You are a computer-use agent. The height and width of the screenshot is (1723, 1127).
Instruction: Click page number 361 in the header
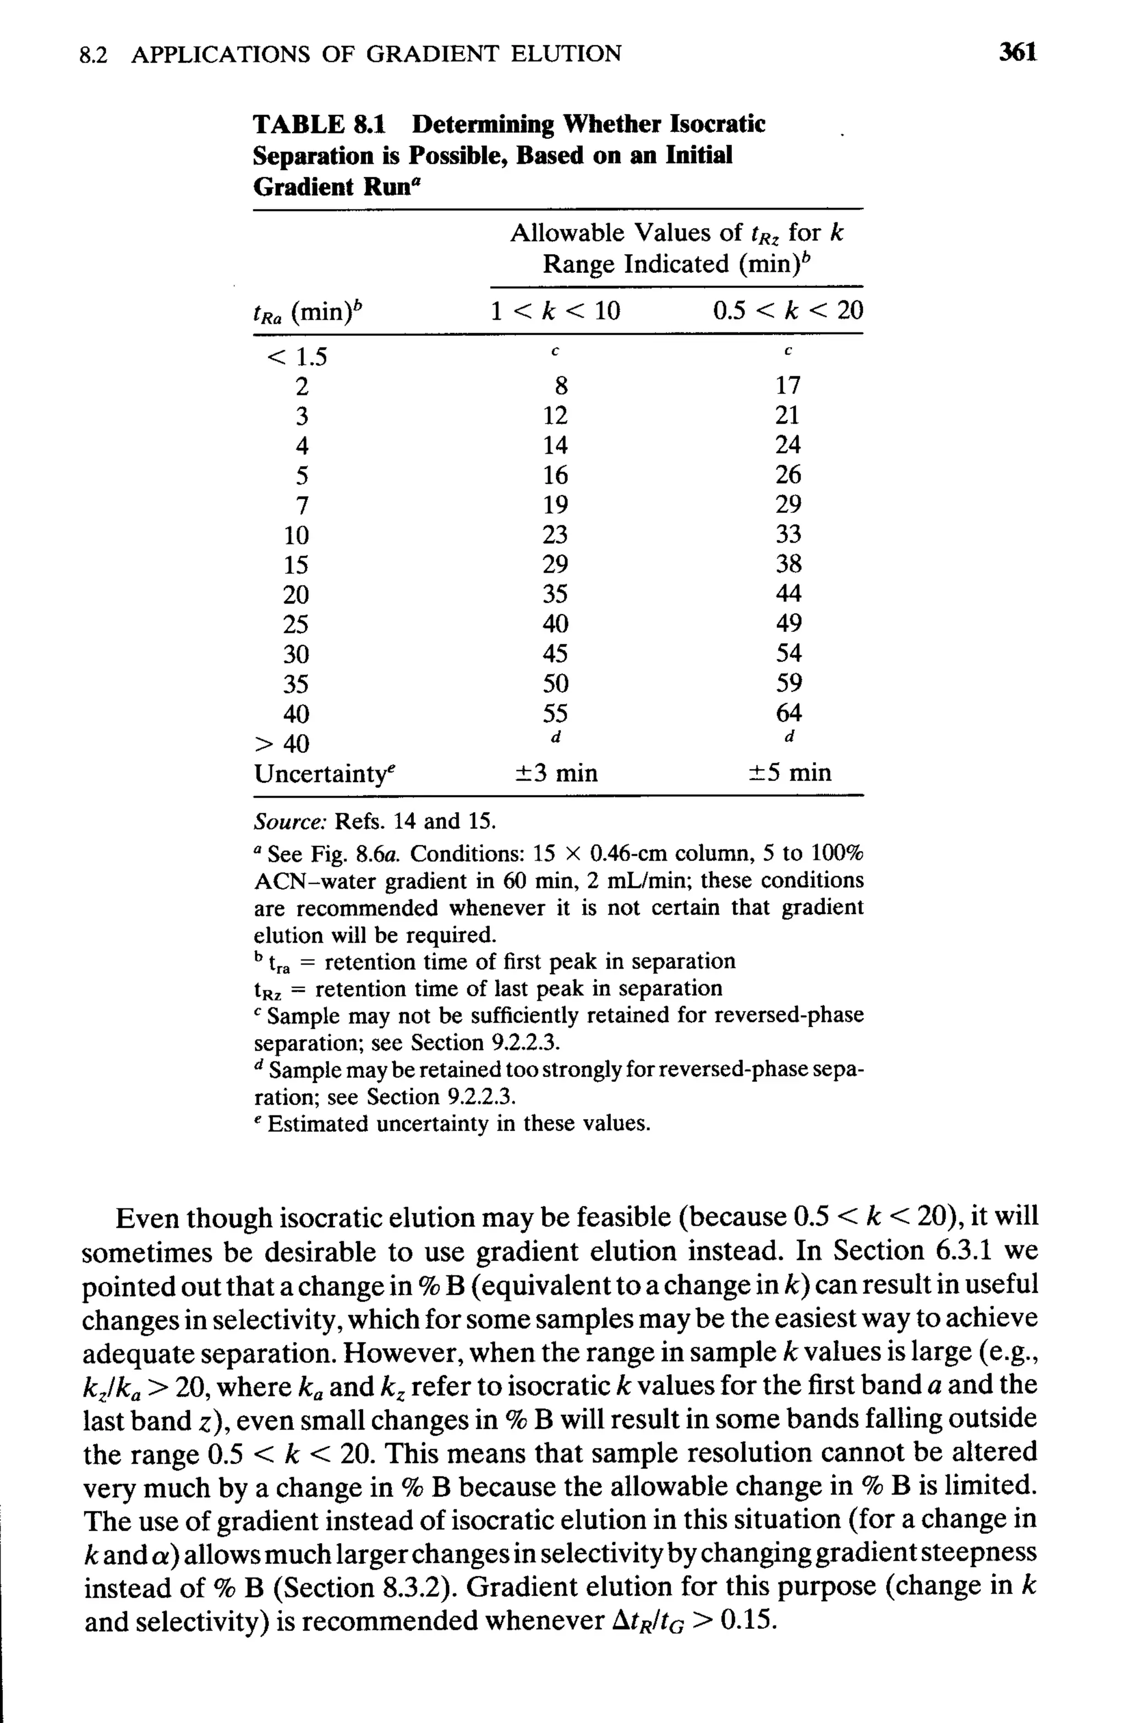tap(1016, 52)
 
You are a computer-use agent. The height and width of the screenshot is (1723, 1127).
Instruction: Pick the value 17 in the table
tap(787, 386)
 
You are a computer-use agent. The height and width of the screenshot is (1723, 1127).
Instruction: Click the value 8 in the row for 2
tap(561, 386)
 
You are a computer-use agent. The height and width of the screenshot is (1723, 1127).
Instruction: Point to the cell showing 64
tap(788, 714)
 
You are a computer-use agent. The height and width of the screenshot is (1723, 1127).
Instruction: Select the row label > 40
tap(282, 744)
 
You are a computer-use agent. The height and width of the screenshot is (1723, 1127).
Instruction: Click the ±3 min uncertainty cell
tap(556, 774)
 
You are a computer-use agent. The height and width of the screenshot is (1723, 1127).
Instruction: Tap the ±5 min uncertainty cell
tap(789, 774)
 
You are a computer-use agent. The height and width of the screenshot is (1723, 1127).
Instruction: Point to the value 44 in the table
tap(788, 594)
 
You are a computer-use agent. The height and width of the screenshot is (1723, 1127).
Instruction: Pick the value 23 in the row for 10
tap(555, 535)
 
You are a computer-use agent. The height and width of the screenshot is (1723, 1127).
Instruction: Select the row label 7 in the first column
tap(302, 505)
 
